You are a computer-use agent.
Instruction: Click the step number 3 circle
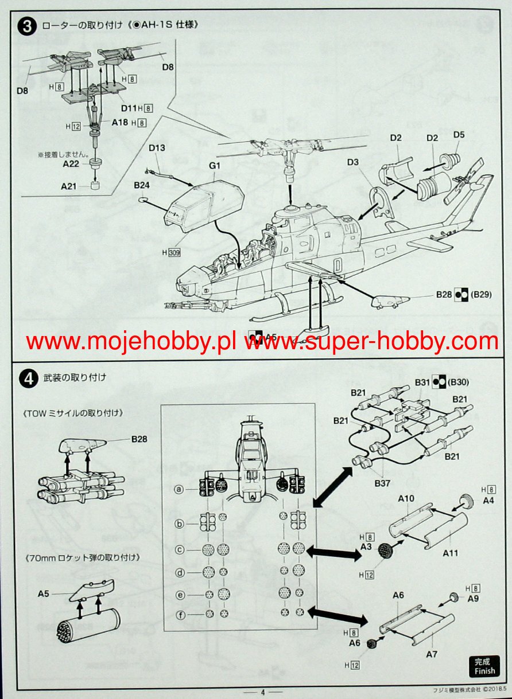[28, 27]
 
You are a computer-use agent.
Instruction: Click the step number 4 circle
[28, 378]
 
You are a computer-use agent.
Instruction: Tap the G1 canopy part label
[215, 166]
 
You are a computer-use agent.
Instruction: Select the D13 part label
[157, 148]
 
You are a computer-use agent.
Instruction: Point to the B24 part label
[142, 186]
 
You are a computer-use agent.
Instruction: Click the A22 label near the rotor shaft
[70, 164]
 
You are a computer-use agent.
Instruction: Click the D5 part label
[459, 135]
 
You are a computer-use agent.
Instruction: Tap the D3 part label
[354, 162]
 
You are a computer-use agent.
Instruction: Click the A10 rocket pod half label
[406, 498]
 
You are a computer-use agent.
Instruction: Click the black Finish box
[483, 665]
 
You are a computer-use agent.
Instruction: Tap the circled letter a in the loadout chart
[180, 489]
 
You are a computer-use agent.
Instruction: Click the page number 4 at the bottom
[262, 692]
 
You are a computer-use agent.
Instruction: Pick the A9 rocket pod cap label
[473, 599]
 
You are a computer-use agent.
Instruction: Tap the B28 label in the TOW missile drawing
[139, 440]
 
